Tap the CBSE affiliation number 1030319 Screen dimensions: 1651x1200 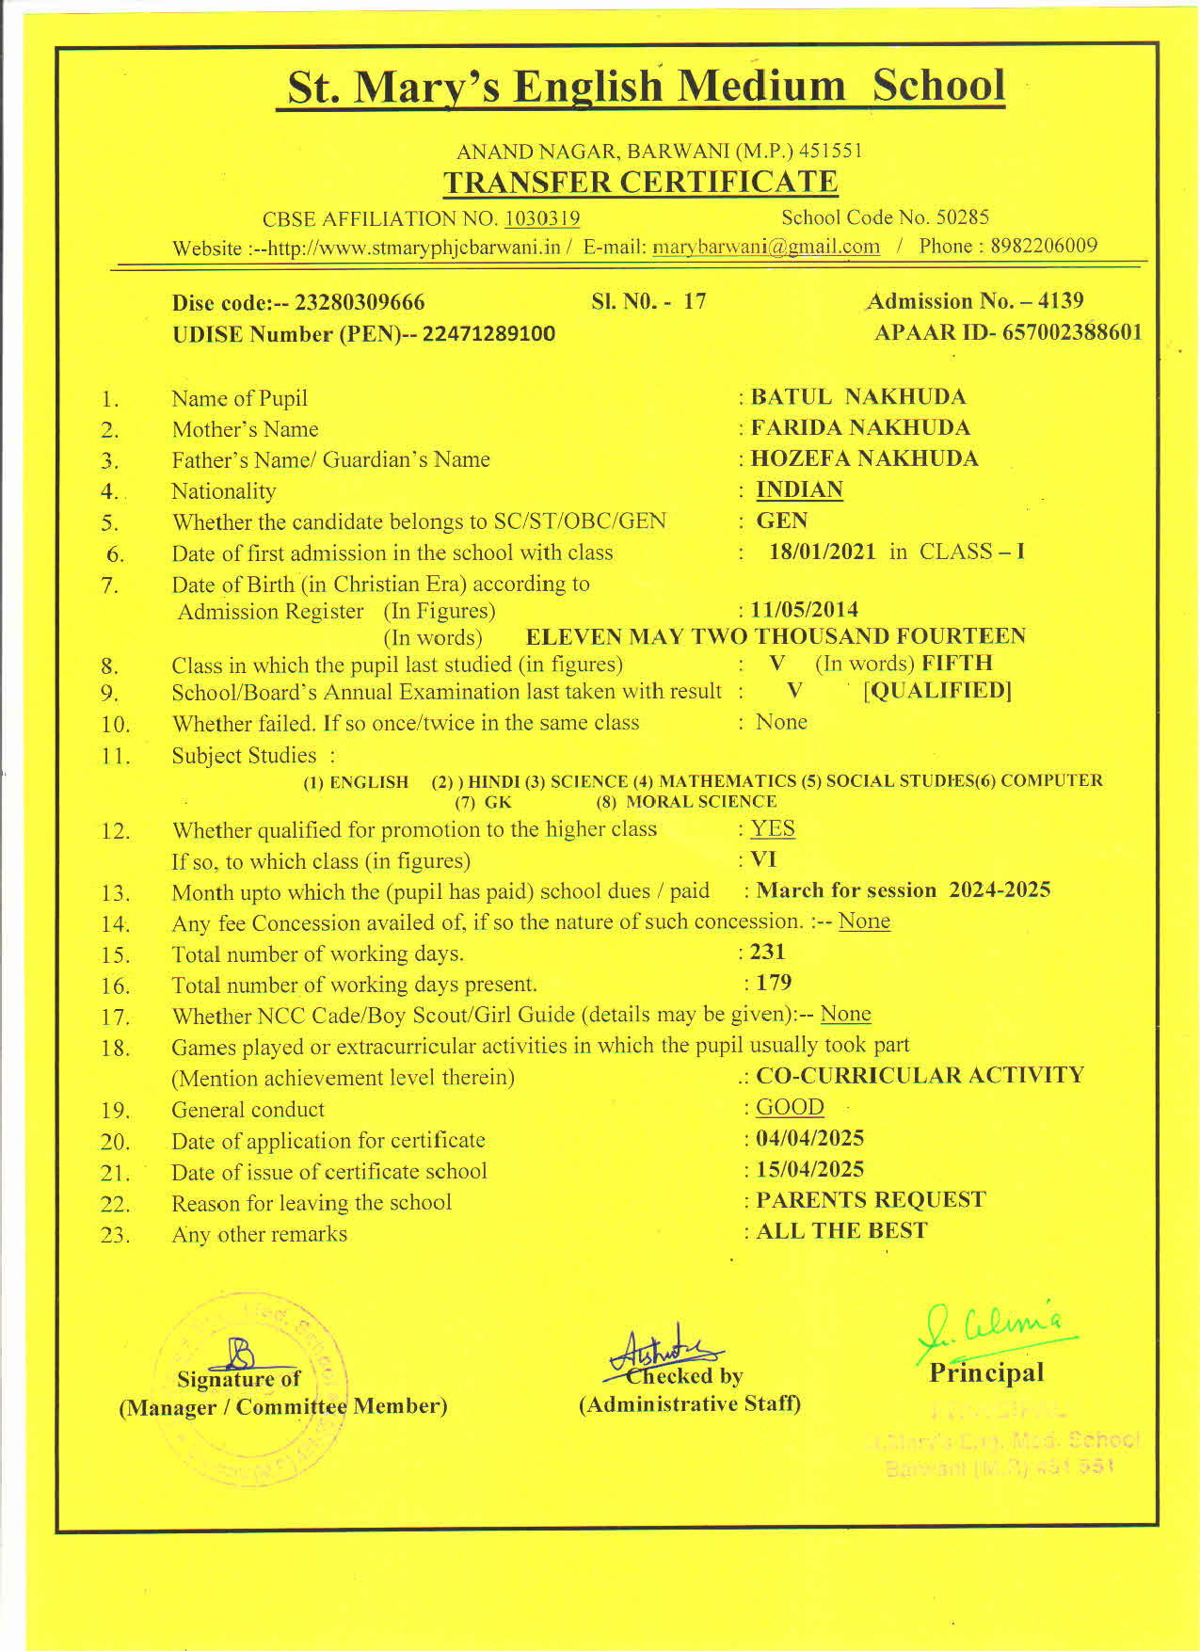(542, 218)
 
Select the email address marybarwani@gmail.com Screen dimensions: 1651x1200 (766, 247)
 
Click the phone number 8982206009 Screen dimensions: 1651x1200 (1044, 246)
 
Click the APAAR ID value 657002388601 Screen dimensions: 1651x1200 (1072, 332)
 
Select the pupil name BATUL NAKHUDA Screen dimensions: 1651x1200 (858, 396)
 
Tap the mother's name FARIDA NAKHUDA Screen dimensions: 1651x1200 (860, 427)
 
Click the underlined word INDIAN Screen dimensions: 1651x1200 (799, 489)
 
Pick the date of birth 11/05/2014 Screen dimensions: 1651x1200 (804, 609)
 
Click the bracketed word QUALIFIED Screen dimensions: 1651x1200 (937, 690)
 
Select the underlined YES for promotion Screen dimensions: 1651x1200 (773, 828)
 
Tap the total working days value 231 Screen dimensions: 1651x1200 (767, 952)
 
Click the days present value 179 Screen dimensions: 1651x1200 (774, 983)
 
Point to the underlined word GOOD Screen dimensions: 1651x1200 (790, 1107)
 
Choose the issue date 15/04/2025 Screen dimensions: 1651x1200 (809, 1169)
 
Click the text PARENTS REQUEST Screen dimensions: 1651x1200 (871, 1200)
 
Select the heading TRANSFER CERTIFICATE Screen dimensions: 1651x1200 (640, 182)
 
